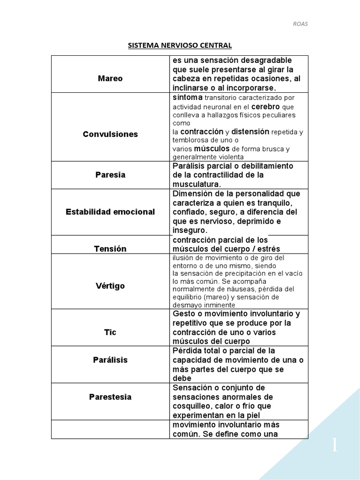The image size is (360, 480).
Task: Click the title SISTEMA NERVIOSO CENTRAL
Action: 180,45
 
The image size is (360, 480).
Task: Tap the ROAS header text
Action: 300,24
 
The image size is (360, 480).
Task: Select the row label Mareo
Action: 110,78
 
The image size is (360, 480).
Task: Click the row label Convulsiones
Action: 110,134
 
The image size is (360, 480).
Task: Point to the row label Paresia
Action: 110,175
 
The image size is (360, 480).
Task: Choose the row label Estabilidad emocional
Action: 110,212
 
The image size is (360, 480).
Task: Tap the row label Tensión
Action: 110,249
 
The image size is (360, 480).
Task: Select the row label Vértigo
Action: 110,285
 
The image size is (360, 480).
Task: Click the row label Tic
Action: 110,332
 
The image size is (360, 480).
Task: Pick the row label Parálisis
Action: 110,360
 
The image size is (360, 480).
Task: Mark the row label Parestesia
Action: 110,397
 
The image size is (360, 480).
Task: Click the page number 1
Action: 334,445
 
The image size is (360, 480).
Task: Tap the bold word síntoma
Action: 187,97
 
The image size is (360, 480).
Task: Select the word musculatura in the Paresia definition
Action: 196,184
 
